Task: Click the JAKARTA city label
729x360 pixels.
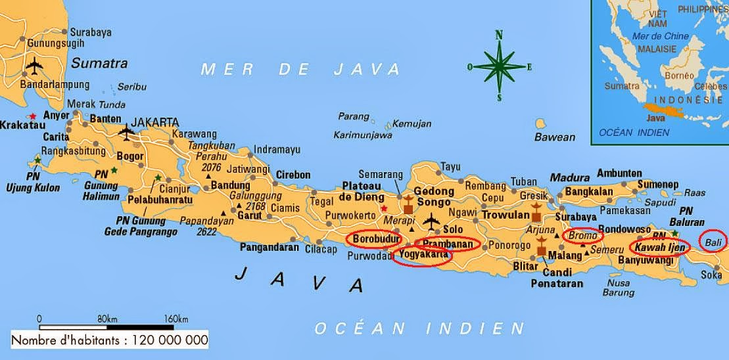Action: [x=155, y=122]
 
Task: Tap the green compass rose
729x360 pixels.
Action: [x=499, y=66]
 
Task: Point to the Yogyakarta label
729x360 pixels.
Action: [x=423, y=255]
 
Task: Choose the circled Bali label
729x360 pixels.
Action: [x=713, y=242]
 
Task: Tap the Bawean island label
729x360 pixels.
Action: [x=554, y=137]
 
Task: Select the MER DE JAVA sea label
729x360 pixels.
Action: [x=300, y=69]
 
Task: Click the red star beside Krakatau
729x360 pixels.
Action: [x=32, y=116]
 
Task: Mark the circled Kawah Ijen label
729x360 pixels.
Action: [x=659, y=248]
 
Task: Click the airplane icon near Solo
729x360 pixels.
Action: [x=432, y=221]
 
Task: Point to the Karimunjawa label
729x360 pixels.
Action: [x=363, y=135]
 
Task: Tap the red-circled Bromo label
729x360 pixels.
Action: [x=582, y=235]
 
